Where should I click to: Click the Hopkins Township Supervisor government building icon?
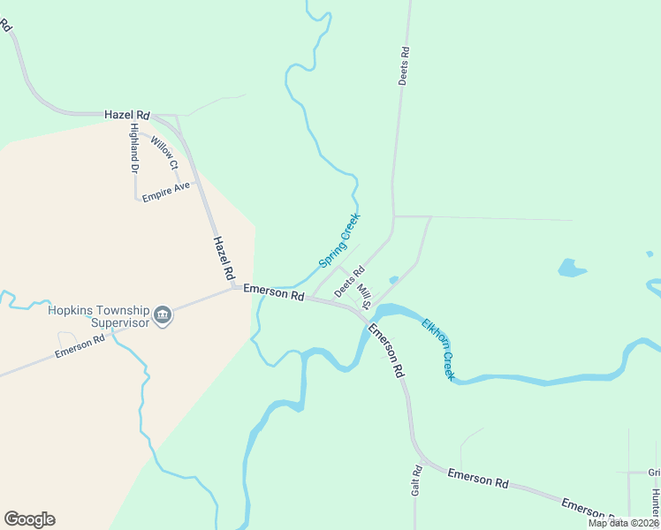[x=162, y=316]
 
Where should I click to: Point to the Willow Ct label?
[x=164, y=153]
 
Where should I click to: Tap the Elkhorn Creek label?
[x=438, y=349]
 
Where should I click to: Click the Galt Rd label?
[x=416, y=481]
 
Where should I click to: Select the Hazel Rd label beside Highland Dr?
[x=127, y=115]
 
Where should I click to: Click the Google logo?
[x=29, y=519]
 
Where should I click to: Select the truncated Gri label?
[x=653, y=473]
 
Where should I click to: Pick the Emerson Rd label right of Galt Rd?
[x=478, y=478]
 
